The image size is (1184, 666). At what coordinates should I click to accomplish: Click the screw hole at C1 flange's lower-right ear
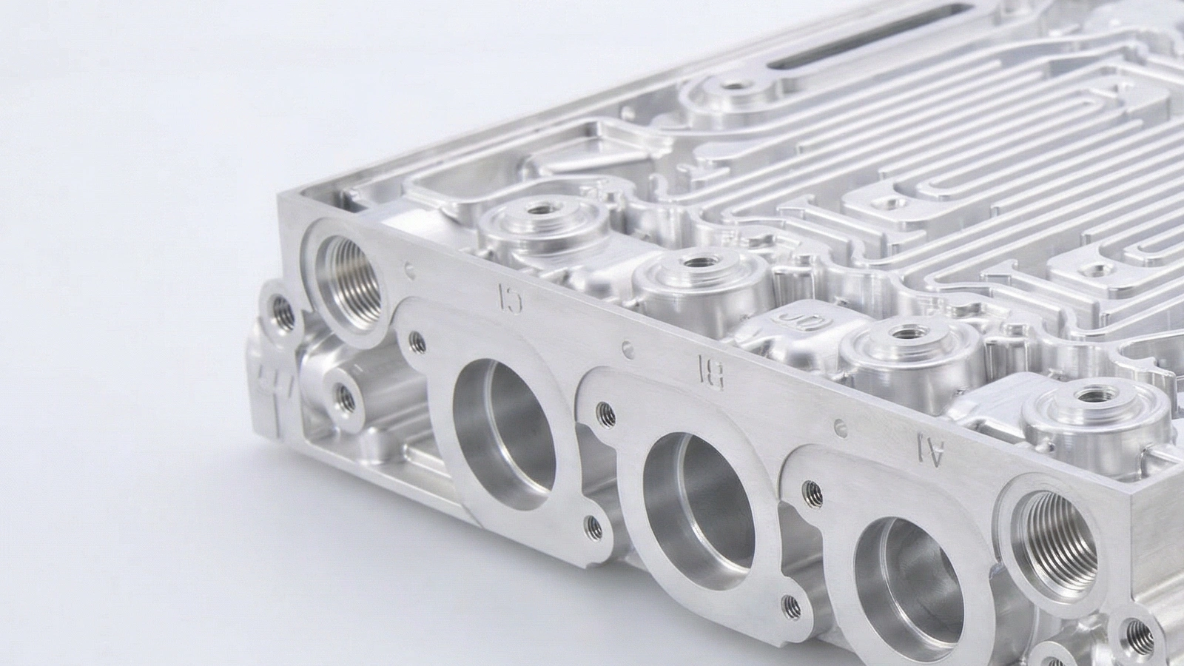point(592,525)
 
